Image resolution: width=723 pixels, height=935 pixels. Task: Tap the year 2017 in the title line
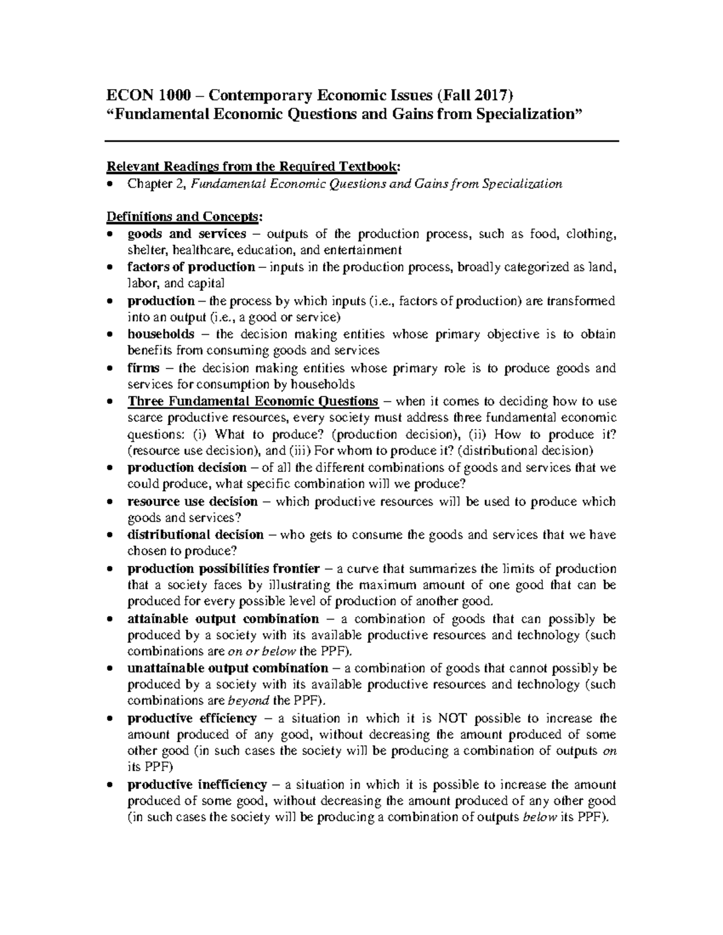491,95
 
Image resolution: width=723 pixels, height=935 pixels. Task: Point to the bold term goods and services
187,234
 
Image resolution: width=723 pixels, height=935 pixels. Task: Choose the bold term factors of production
191,267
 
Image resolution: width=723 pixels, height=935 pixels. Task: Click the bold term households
160,334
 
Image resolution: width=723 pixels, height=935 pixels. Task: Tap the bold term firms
143,368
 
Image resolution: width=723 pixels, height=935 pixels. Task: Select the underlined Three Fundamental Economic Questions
252,401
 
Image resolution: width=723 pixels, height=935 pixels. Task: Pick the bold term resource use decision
192,502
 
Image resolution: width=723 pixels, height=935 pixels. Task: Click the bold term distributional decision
195,535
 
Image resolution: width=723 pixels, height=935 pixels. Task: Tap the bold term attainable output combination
223,619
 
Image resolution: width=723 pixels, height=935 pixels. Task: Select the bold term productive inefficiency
196,784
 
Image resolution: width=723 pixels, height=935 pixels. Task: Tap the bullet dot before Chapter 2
109,184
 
